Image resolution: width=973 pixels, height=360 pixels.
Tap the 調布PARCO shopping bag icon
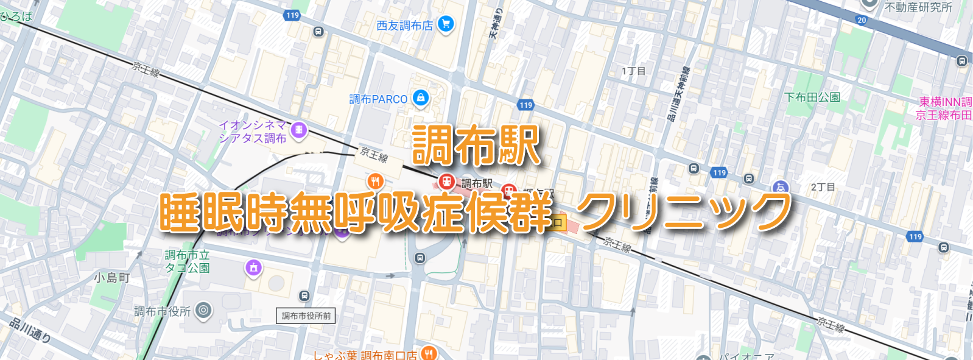pos(420,97)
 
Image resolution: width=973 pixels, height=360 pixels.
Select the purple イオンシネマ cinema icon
pos(298,130)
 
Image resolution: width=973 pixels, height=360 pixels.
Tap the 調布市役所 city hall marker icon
pos(203,311)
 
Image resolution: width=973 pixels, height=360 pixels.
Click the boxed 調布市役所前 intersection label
pos(306,316)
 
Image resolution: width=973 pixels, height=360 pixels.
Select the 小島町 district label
pos(112,278)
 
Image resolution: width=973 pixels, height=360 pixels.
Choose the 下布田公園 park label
pos(812,97)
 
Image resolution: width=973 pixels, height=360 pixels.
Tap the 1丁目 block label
pos(633,71)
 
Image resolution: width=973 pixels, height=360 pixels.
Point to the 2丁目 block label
pos(823,187)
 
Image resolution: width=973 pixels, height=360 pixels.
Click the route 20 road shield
pos(862,20)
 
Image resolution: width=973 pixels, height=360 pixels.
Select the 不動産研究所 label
pos(918,7)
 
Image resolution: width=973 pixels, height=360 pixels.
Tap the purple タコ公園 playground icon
pos(253,267)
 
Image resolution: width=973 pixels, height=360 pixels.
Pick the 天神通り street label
pos(496,23)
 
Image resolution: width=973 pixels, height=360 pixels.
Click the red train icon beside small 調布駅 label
pos(447,182)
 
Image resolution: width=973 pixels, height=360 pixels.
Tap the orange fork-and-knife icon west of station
pos(375,181)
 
